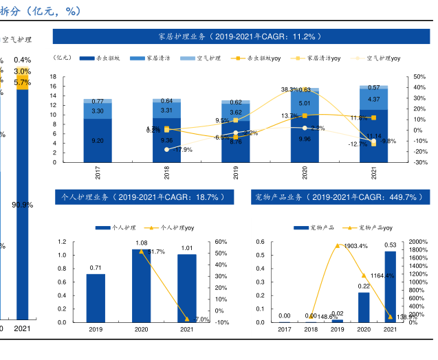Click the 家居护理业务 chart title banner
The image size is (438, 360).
pos(240,36)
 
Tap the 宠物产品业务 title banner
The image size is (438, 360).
pos(338,197)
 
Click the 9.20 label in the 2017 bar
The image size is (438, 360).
pos(98,141)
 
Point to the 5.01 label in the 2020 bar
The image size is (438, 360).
pos(305,104)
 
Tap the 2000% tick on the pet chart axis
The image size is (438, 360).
pos(419,242)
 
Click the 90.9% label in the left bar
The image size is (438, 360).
pos(23,205)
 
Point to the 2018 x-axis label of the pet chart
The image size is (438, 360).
pos(311,330)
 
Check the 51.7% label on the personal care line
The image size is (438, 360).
pos(156,252)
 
